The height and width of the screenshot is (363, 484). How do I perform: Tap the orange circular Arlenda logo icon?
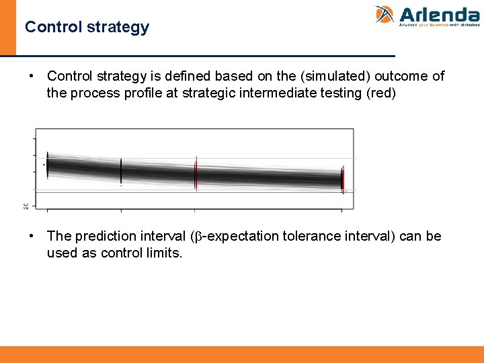tap(385, 15)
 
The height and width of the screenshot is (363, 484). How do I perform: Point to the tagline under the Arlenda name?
tap(439, 25)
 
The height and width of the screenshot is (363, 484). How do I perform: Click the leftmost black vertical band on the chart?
tap(47, 165)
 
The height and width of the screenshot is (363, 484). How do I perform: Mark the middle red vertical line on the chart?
tap(196, 173)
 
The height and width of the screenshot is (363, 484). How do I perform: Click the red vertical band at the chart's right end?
tap(342, 179)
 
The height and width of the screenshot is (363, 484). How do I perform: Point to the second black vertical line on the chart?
tap(121, 171)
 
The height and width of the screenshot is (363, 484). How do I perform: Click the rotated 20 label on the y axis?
tap(26, 206)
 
